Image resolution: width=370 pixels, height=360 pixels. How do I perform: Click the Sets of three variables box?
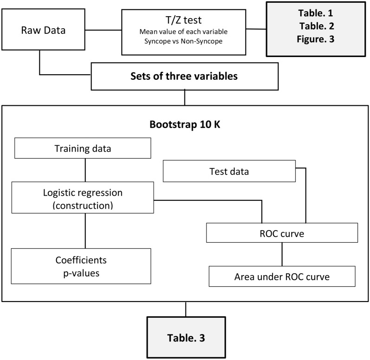185,77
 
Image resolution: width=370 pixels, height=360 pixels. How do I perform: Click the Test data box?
229,171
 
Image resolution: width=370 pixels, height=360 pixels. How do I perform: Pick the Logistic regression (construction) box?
83,197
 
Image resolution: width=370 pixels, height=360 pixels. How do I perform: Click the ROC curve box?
282,234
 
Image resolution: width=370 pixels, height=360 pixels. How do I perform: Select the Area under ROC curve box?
282,277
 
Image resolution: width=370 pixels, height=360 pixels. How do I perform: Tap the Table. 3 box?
186,337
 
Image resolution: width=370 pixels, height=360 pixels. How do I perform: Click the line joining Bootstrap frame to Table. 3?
186,309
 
